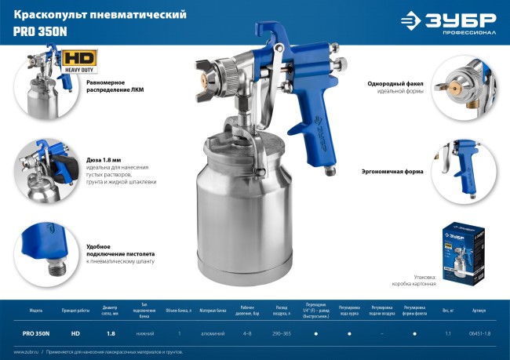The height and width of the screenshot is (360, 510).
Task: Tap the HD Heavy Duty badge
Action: [x=75, y=61]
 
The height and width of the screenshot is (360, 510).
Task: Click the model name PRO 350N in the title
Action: [x=35, y=34]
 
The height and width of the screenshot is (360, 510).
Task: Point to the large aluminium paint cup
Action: [x=239, y=200]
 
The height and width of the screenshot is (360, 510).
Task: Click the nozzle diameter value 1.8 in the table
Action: [x=111, y=334]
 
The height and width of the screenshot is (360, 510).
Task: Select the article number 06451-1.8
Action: [x=479, y=334]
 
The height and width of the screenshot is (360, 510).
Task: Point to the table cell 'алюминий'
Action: [x=212, y=334]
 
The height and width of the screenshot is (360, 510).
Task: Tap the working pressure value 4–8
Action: [x=247, y=334]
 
